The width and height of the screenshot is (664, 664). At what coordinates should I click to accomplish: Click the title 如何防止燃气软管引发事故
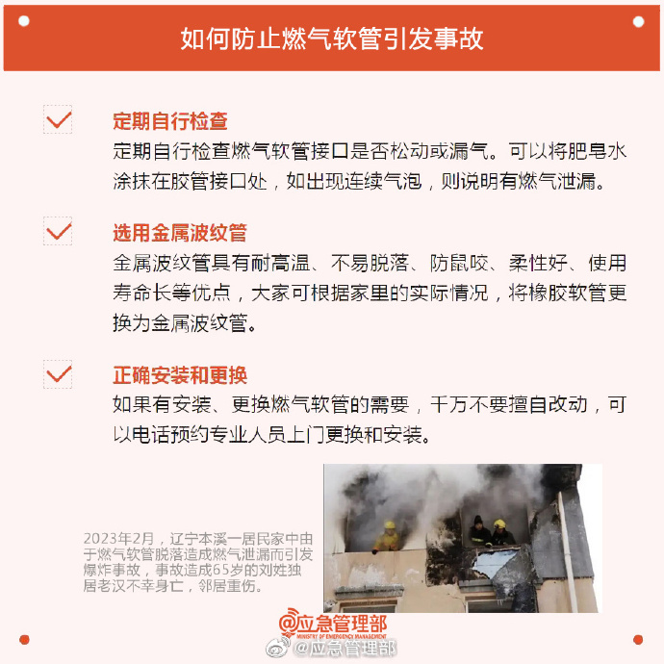(x=332, y=38)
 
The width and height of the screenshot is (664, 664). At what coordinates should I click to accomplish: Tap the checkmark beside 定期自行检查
(x=58, y=120)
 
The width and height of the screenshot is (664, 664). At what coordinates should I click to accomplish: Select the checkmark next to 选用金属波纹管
(x=58, y=231)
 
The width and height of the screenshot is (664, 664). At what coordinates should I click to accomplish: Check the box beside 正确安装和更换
(x=58, y=374)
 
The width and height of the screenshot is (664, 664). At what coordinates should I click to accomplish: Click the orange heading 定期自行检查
(x=170, y=121)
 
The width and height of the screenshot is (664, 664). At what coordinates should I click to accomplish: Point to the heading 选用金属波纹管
(x=180, y=233)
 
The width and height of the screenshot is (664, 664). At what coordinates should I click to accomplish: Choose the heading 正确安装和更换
(x=180, y=375)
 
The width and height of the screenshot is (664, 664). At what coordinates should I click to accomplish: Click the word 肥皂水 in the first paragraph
(x=597, y=151)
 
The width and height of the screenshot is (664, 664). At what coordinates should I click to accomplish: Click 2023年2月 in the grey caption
(x=118, y=539)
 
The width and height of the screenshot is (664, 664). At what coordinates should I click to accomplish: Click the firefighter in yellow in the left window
(x=387, y=537)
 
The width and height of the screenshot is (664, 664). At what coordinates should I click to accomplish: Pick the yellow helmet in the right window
(x=499, y=524)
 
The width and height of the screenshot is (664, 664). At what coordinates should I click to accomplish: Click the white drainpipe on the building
(x=567, y=550)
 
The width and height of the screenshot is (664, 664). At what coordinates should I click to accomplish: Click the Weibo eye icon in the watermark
(x=277, y=648)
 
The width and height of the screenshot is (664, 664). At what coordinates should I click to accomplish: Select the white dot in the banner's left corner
(x=24, y=21)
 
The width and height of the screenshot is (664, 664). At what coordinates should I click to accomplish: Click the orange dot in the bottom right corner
(x=638, y=639)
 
